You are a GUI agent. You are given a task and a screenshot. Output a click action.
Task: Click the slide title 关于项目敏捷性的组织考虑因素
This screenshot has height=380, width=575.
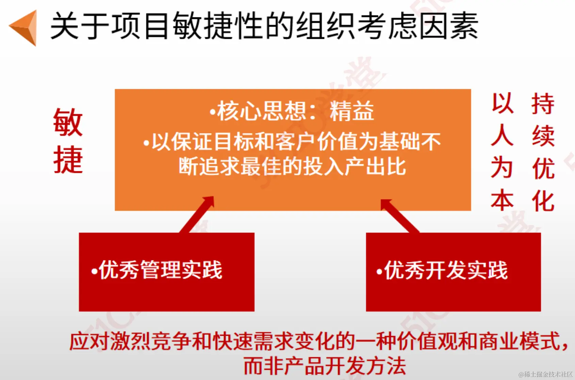pos(264,26)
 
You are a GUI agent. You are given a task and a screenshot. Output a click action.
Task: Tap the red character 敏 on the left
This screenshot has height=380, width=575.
pos(68,123)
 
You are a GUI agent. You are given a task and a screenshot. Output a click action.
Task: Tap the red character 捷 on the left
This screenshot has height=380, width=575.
pos(68,160)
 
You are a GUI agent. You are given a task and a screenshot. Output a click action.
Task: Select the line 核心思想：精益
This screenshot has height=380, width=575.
pos(292,111)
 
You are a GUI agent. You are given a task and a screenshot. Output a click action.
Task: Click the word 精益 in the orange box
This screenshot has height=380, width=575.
pos(352,111)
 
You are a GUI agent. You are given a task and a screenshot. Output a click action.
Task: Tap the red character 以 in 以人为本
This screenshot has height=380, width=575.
pos(502,104)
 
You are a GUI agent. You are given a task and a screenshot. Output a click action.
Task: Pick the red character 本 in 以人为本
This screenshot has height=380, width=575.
pos(502,201)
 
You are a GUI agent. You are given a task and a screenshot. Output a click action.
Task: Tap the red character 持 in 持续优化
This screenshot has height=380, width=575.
pos(543,104)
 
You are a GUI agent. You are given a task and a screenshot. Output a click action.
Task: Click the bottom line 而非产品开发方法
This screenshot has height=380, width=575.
pos(325,366)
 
